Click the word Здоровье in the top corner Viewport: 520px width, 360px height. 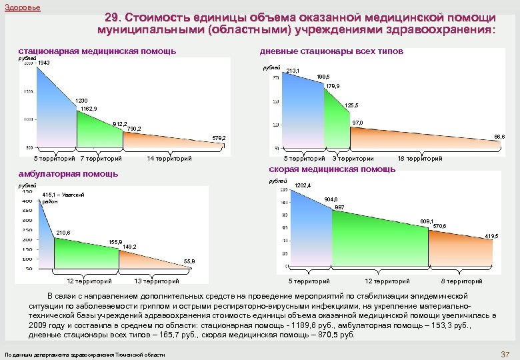22,7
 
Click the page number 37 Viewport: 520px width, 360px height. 504,353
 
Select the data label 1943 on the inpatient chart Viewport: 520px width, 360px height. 45,63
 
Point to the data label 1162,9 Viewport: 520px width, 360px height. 88,108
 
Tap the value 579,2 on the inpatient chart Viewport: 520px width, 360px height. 219,137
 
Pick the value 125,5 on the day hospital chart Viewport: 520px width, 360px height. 352,105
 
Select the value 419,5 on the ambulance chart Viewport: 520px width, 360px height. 491,237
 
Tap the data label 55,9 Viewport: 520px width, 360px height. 189,261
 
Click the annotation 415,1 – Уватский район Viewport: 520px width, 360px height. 63,197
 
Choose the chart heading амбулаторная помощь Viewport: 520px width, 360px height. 68,174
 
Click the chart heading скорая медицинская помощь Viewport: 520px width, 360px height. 332,169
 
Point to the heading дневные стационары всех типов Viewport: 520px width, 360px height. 331,51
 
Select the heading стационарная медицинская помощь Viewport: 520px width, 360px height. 97,51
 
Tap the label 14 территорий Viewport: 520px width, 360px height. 169,159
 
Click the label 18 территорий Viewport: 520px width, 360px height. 419,159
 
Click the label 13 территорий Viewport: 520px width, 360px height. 156,281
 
